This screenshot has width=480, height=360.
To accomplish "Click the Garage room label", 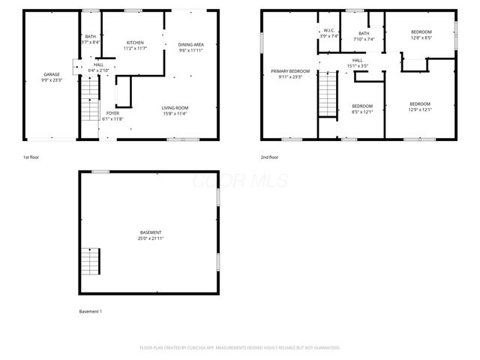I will point(52,74).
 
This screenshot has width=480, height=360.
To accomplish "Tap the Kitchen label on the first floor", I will point(136,43).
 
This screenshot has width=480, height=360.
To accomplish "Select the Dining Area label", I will point(191,45).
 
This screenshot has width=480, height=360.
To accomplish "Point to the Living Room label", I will point(175,107).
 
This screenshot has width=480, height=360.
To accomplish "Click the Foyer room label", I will point(112,112).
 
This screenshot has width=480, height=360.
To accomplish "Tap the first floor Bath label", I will point(91,37).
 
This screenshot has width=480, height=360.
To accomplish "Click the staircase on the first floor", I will point(90,97).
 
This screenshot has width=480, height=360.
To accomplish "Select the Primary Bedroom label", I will point(290,70).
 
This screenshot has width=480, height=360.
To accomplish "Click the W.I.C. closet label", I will point(329,31).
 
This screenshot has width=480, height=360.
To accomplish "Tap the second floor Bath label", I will point(364,34).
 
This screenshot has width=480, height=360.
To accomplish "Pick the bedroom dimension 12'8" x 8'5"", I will point(421,37).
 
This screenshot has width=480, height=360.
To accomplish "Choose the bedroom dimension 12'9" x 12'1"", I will point(420,109).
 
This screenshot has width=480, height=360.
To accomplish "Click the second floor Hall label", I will point(358,60).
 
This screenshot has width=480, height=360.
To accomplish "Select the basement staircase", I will point(90,261).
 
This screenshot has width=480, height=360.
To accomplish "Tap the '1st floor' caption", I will point(31,157).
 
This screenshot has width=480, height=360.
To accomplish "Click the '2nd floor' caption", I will point(269,157).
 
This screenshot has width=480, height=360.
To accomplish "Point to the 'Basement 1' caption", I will point(90,311).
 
